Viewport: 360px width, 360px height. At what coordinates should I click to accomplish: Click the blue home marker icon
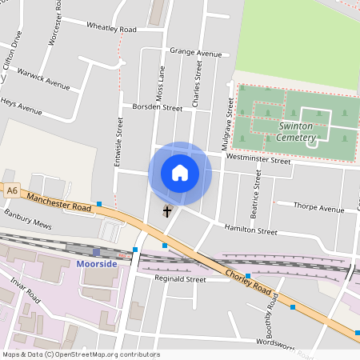[180, 173]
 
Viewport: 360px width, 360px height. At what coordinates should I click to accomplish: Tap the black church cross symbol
[167, 212]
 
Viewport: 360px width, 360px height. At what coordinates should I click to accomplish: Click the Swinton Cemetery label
[297, 131]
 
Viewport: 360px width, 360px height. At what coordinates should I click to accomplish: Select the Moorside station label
[97, 263]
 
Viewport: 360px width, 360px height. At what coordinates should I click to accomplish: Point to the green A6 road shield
[11, 191]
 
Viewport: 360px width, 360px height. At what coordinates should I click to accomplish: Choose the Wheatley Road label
[111, 29]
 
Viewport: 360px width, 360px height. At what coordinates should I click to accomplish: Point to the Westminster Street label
[258, 160]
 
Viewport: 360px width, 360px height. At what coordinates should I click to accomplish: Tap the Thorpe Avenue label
[318, 209]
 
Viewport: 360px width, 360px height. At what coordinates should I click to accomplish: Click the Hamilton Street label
[250, 230]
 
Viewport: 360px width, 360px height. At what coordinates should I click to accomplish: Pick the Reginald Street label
[180, 280]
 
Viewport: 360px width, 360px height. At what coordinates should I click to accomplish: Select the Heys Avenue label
[20, 106]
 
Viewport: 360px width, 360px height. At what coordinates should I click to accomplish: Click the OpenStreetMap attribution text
[81, 354]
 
